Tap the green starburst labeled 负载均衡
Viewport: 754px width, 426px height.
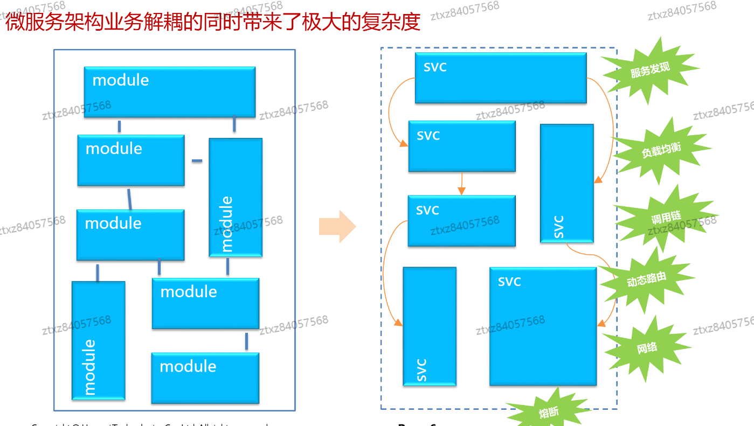click(x=661, y=150)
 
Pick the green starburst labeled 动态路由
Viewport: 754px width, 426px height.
click(x=646, y=280)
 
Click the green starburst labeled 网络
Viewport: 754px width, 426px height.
click(x=647, y=348)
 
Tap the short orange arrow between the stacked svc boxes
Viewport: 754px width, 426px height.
click(x=461, y=183)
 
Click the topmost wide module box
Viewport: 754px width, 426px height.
click(x=169, y=92)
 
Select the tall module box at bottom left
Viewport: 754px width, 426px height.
click(x=99, y=340)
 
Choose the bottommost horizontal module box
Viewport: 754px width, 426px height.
click(x=205, y=378)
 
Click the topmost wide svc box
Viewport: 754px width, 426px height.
click(x=500, y=78)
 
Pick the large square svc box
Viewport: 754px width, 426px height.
click(x=543, y=326)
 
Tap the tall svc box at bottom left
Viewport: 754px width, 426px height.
click(x=430, y=326)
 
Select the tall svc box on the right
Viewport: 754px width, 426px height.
click(x=566, y=183)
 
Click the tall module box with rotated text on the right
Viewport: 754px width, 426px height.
click(x=236, y=197)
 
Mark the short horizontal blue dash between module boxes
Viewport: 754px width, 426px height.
click(x=197, y=160)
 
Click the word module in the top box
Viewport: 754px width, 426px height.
click(x=121, y=80)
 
